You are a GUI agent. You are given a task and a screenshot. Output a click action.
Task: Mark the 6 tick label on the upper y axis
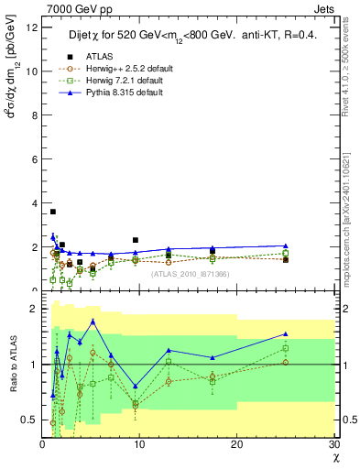[34, 159]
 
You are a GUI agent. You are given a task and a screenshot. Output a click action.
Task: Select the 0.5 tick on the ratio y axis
[29, 420]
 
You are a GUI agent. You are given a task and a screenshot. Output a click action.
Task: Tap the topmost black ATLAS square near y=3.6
[53, 212]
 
